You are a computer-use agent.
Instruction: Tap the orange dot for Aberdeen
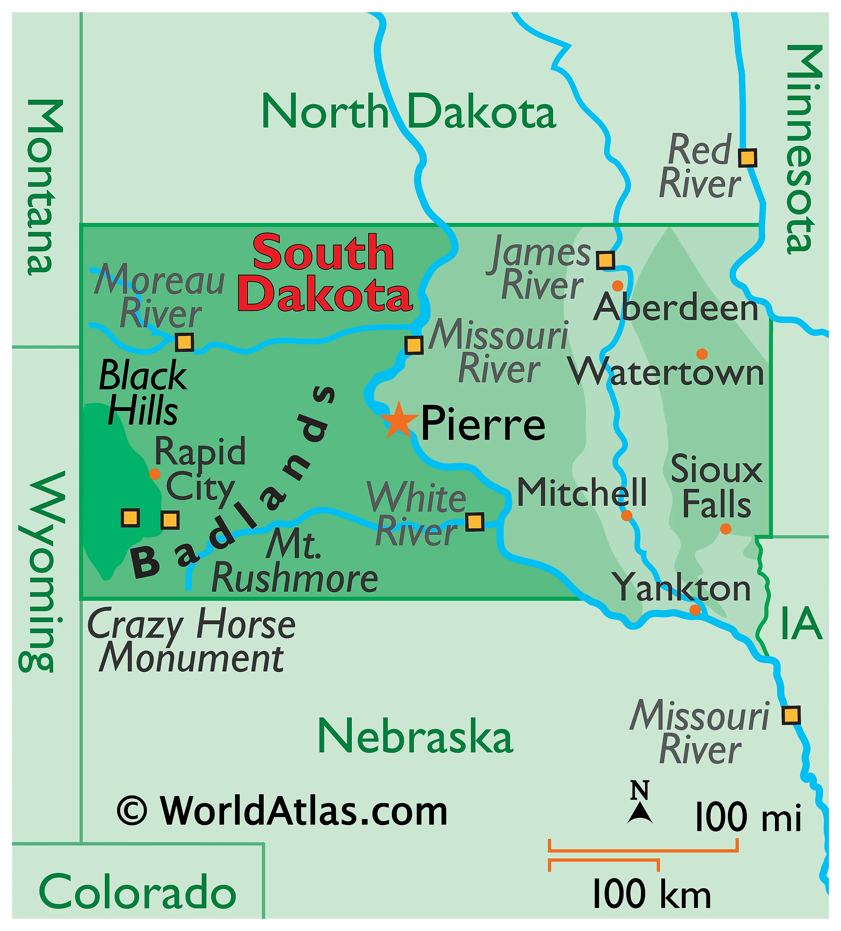(618, 286)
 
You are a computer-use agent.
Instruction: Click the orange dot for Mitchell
(626, 515)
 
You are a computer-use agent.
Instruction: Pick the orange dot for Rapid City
(155, 474)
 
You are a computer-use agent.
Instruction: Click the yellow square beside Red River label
(747, 158)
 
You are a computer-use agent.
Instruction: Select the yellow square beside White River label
(474, 522)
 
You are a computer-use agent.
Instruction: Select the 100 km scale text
(651, 894)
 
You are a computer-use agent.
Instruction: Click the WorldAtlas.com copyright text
(282, 811)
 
